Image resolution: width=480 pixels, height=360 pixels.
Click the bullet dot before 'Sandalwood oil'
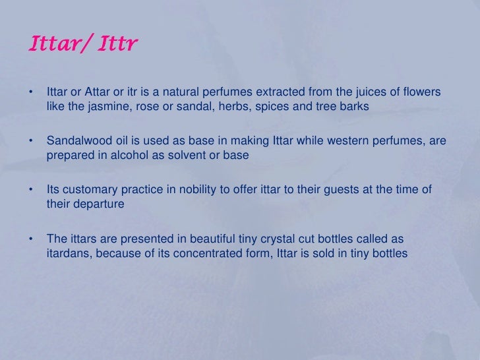pos(31,140)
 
